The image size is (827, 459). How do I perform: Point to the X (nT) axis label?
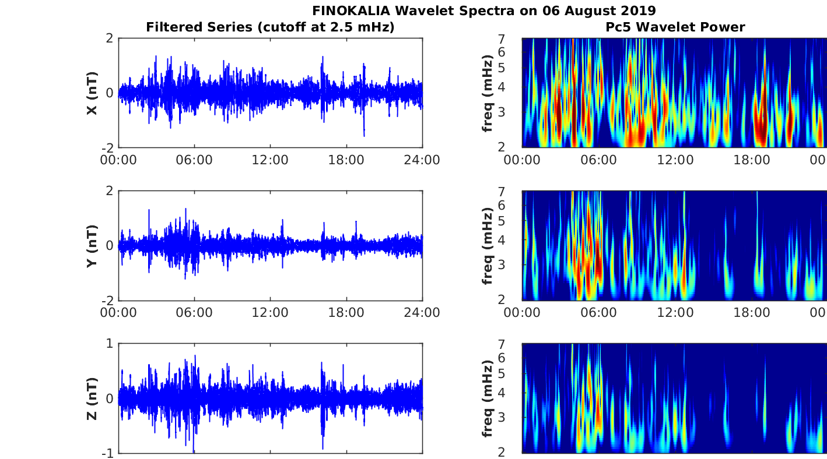tap(92, 93)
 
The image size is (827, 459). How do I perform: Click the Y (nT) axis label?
tap(92, 246)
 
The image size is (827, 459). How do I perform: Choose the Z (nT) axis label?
tap(92, 398)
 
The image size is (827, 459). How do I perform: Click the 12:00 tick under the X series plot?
tap(270, 160)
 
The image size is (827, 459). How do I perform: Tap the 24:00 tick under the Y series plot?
tap(422, 313)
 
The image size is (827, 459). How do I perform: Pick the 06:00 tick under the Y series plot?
tap(194, 313)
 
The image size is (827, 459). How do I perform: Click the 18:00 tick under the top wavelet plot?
tap(751, 160)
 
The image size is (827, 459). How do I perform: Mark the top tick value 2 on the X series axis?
tap(109, 38)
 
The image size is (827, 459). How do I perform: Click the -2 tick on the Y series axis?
tap(106, 301)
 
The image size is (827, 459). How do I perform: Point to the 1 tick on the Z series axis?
tap(109, 344)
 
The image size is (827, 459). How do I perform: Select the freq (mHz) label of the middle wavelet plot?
tap(488, 246)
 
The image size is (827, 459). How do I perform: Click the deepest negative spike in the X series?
tap(364, 135)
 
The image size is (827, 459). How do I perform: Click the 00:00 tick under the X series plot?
tap(118, 160)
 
